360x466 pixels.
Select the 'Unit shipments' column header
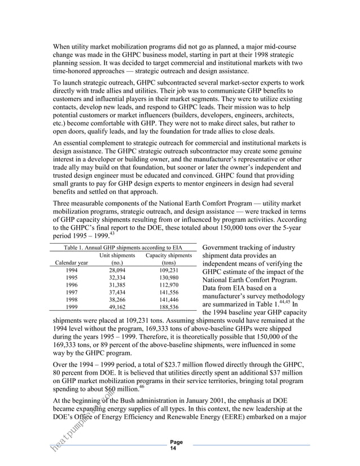pos(117,254)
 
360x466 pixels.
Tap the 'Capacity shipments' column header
pos(169,254)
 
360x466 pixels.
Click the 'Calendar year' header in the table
pos(71,262)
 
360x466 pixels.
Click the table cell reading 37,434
pos(117,292)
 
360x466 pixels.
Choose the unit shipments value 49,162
pos(117,307)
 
